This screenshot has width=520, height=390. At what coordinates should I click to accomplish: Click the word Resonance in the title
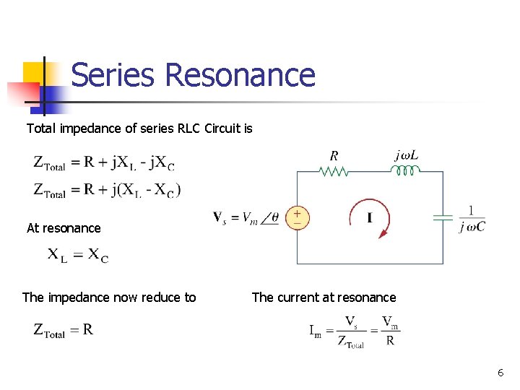click(240, 75)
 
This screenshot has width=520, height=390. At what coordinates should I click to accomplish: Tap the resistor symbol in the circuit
click(334, 172)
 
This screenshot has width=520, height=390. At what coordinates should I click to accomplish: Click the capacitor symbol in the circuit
click(443, 217)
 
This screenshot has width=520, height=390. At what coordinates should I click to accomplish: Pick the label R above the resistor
click(334, 155)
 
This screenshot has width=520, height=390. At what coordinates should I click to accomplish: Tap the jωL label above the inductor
click(408, 155)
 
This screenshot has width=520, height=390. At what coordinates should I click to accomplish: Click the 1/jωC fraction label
click(472, 218)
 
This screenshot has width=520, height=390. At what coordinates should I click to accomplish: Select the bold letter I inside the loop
click(370, 218)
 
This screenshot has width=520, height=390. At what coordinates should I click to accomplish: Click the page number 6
click(500, 373)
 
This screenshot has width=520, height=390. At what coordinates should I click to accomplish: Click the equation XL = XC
click(78, 255)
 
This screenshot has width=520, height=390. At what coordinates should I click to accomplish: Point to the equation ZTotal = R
click(64, 330)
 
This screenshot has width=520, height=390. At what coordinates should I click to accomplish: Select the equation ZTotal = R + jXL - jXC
click(104, 162)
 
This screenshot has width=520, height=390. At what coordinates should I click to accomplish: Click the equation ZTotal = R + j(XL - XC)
click(107, 190)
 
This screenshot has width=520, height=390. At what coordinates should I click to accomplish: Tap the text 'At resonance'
click(64, 228)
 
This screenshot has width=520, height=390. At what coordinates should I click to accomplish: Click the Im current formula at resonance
click(354, 331)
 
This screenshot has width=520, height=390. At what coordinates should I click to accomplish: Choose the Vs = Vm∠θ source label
click(246, 217)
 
